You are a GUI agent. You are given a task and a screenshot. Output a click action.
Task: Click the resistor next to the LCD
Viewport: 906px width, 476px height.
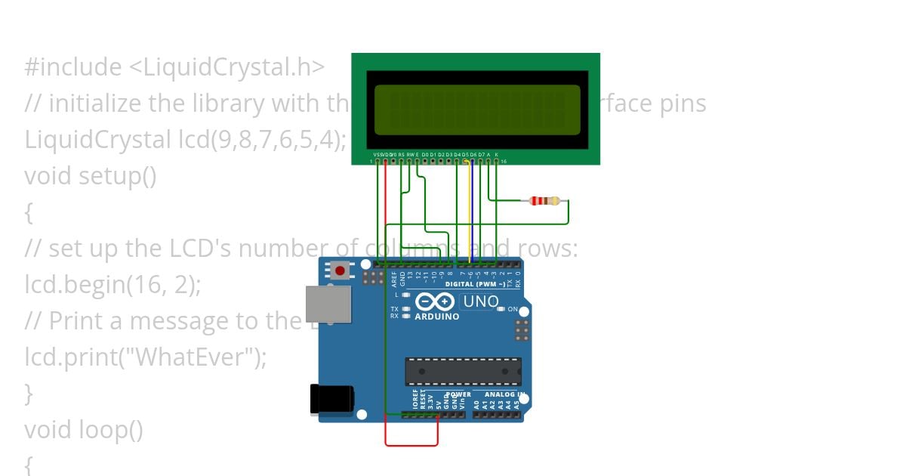coord(544,201)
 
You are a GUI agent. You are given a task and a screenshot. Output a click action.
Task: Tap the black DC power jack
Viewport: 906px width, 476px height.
coord(331,399)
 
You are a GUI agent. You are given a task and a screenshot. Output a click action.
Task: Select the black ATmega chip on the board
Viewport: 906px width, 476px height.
coord(463,371)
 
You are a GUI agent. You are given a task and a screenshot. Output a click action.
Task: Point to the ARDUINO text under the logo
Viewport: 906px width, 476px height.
coord(437,317)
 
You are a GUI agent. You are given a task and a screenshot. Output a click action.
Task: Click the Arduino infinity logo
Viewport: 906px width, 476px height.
coord(434,302)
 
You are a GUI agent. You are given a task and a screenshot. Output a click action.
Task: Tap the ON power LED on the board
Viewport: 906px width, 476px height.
coord(501,309)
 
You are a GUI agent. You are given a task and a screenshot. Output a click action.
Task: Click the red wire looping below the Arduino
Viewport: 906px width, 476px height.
coord(411,445)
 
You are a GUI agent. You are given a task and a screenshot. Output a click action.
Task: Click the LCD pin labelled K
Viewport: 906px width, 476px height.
coord(496,160)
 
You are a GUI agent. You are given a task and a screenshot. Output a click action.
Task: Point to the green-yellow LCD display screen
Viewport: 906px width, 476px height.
coord(476,109)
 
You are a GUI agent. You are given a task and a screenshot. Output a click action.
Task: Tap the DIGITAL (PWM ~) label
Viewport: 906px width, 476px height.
coord(475,284)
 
